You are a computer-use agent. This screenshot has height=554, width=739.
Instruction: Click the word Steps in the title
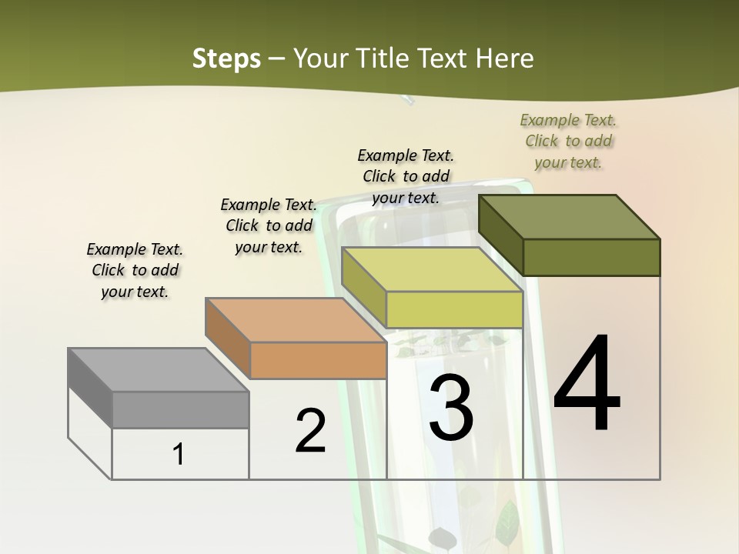(x=226, y=58)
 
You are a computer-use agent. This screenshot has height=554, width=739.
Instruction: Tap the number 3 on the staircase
(x=451, y=408)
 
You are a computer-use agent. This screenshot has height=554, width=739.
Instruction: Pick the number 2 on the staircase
(x=310, y=431)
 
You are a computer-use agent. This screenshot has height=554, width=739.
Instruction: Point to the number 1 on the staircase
(x=179, y=454)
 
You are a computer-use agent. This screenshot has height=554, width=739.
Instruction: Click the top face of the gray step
(x=159, y=370)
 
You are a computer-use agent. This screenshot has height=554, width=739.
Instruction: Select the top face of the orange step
(x=296, y=320)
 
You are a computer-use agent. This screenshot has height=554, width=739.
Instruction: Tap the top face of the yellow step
(x=432, y=270)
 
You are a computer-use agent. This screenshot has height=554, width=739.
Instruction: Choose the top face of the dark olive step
(x=569, y=217)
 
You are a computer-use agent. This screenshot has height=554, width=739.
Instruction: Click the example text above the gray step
(x=135, y=270)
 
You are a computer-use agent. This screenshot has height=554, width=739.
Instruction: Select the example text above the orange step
(x=269, y=225)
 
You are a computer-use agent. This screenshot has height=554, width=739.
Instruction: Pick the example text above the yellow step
(x=406, y=176)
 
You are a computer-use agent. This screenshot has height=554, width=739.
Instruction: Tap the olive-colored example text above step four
(x=569, y=141)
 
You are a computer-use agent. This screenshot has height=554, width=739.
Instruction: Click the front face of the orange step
(x=318, y=360)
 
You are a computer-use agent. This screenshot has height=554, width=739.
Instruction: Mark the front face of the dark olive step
(x=591, y=257)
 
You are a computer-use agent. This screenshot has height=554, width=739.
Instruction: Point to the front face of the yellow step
(x=454, y=310)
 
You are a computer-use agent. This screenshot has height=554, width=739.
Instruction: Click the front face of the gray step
(x=180, y=409)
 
